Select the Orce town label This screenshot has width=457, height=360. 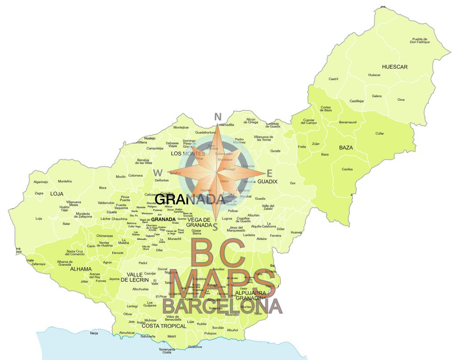coord(401,99)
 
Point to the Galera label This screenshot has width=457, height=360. coord(377,96)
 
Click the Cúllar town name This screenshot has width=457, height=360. coord(379,133)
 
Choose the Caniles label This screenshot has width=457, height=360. coord(347,169)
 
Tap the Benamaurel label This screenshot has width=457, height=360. coord(349,122)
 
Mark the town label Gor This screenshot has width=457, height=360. coord(293,183)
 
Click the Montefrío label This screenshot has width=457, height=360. coord(65,181)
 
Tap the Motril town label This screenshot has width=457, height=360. coord(172,336)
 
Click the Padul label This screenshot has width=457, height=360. coord(143,263)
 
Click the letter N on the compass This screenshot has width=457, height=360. coord(218,117)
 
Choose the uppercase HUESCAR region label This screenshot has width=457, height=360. coord(395,67)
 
